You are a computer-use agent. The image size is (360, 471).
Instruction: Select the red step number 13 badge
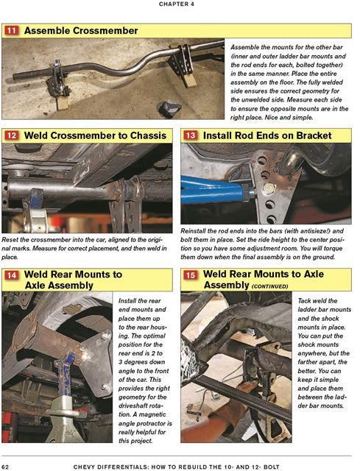pos(190,135)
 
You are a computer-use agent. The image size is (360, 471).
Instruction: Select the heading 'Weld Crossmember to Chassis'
pos(97,135)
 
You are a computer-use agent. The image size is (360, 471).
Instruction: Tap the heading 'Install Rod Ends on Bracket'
pos(268,135)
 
